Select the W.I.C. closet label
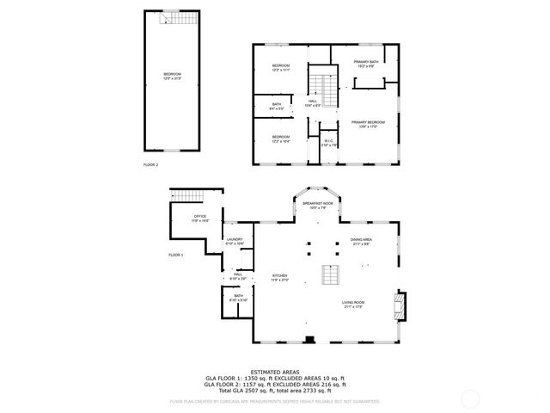(x=328, y=143)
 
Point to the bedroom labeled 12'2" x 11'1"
(x=281, y=68)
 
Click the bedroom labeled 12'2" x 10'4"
(x=281, y=139)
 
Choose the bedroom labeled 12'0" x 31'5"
(x=172, y=77)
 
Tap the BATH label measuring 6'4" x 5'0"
(x=277, y=106)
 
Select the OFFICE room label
(x=199, y=218)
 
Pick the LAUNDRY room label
(x=234, y=242)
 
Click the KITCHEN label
(x=280, y=278)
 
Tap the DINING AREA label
(x=361, y=242)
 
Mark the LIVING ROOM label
(x=354, y=305)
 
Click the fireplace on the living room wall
(x=398, y=304)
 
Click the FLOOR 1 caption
(x=176, y=256)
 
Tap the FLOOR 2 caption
(x=150, y=163)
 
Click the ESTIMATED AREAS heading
(x=274, y=372)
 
